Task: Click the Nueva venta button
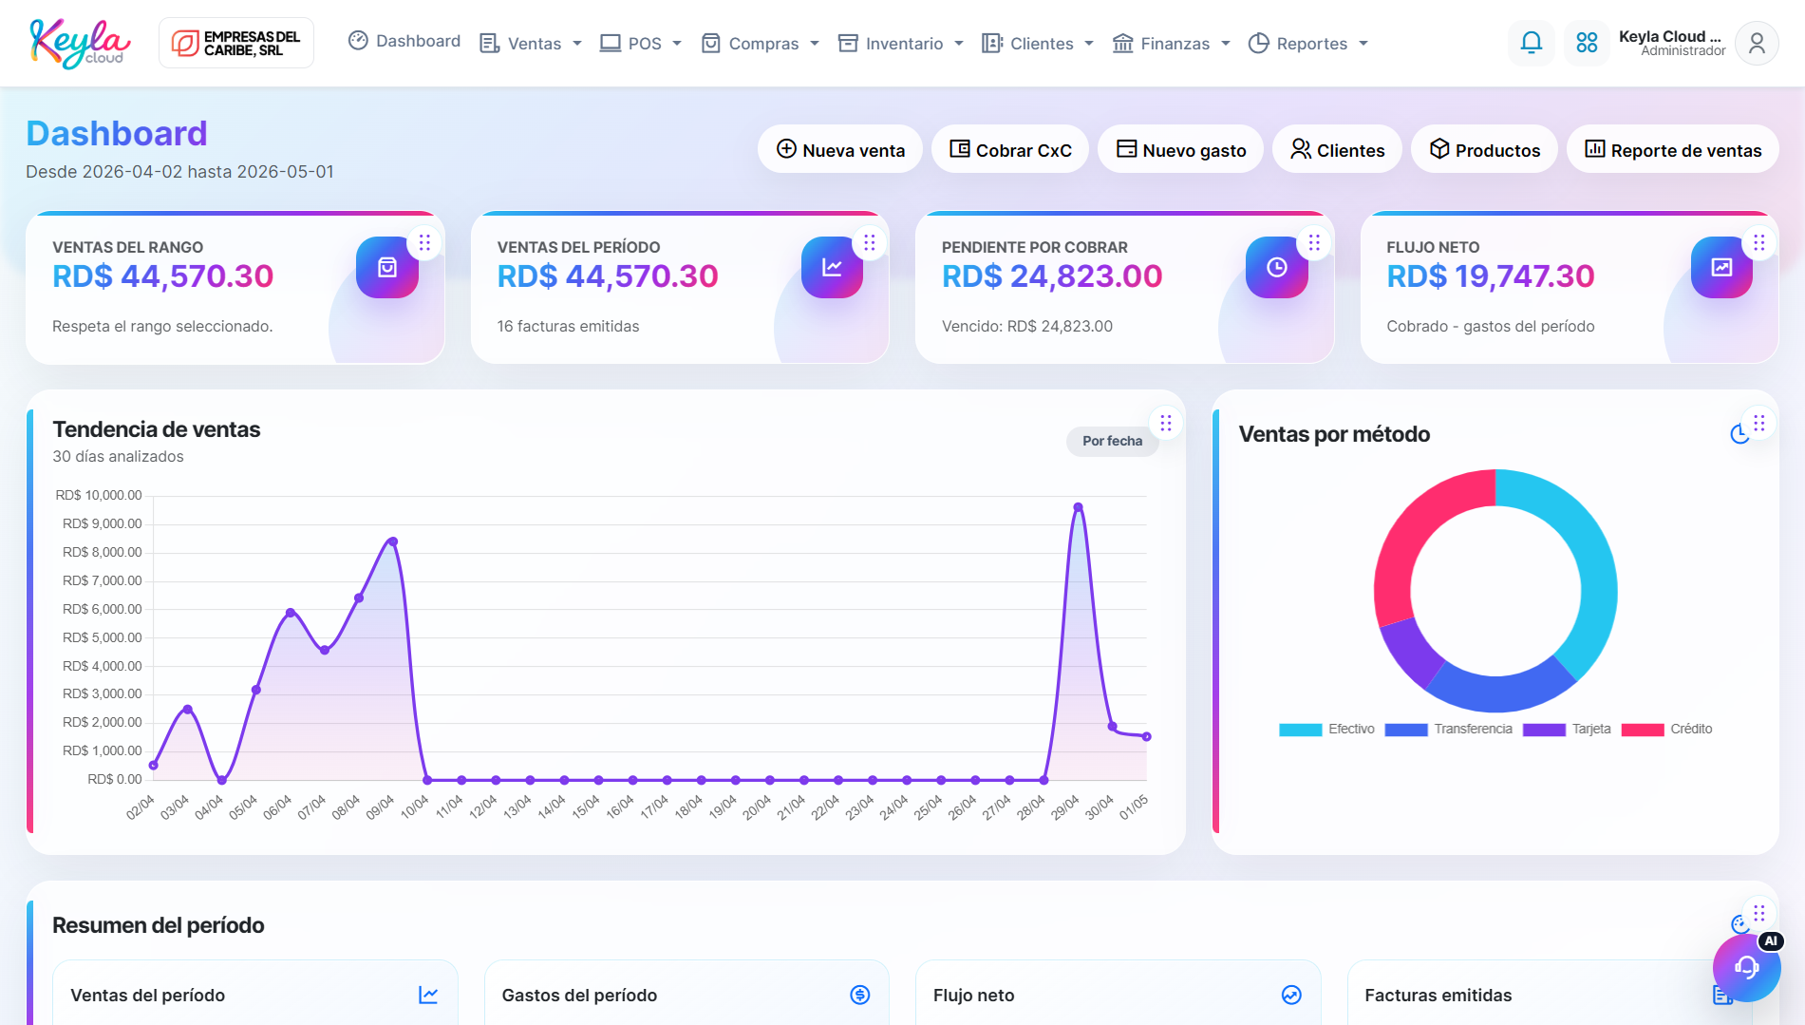point(840,150)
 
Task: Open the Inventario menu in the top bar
point(901,44)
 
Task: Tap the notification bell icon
point(1531,43)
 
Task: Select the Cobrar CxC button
point(1010,150)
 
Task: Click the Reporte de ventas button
point(1673,150)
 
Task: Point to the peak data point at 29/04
point(1078,507)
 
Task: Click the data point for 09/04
point(393,541)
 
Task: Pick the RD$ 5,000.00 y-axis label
point(102,637)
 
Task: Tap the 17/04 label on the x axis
point(654,807)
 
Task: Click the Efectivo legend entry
point(1326,730)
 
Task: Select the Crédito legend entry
point(1666,730)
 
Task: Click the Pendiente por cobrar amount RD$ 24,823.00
point(1052,276)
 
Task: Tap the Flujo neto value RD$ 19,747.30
point(1491,276)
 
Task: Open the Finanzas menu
point(1172,44)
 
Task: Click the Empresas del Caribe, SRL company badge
point(236,44)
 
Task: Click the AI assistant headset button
point(1747,967)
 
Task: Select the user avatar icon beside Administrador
point(1757,44)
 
